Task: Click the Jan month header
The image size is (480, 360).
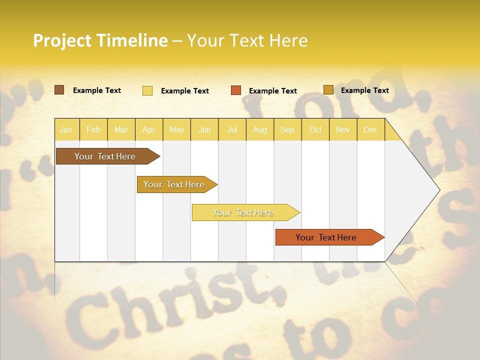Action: [x=66, y=129]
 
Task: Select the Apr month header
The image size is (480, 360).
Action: [x=148, y=129]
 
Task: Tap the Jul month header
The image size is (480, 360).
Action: [x=232, y=129]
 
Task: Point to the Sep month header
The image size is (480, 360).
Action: [x=287, y=129]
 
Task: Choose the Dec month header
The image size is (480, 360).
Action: [x=370, y=129]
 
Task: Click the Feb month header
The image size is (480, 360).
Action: [x=93, y=129]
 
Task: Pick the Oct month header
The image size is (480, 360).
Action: [x=315, y=129]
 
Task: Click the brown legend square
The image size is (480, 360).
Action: [x=59, y=90]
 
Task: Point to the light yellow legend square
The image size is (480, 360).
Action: [x=147, y=90]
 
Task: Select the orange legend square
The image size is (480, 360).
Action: [x=236, y=90]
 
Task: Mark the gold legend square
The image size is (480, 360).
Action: [x=328, y=90]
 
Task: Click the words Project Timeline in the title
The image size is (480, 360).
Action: [x=100, y=40]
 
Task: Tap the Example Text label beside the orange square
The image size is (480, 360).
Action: [x=273, y=91]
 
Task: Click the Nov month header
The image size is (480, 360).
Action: [x=343, y=129]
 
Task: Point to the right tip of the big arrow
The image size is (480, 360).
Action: [x=439, y=190]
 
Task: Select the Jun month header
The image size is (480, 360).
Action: [x=204, y=129]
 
